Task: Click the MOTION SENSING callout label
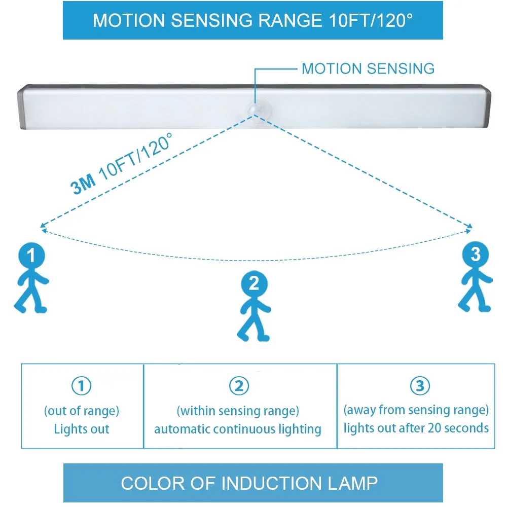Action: [368, 69]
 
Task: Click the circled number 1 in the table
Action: [81, 387]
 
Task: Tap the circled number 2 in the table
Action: [239, 387]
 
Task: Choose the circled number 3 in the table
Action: [419, 387]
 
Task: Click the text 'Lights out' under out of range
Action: [82, 429]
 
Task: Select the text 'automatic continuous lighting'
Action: [238, 429]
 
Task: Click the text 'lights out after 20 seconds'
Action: [416, 428]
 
